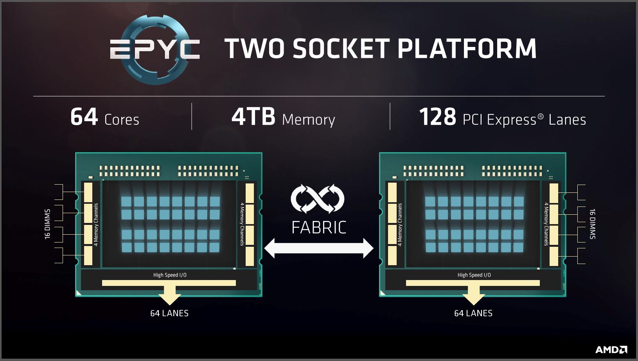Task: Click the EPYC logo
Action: pyautogui.click(x=155, y=49)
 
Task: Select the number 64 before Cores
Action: pyautogui.click(x=84, y=117)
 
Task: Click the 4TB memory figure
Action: pyautogui.click(x=253, y=117)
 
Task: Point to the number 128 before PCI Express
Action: pyautogui.click(x=437, y=117)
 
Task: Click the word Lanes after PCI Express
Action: pyautogui.click(x=567, y=120)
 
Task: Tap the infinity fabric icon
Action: pyautogui.click(x=318, y=199)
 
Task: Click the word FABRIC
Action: pyautogui.click(x=319, y=227)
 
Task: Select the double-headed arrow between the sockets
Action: pyautogui.click(x=319, y=248)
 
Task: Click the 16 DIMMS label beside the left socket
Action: pyautogui.click(x=48, y=224)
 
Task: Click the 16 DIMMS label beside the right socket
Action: pyautogui.click(x=592, y=224)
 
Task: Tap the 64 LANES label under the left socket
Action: pyautogui.click(x=169, y=313)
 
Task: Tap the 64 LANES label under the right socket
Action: pyautogui.click(x=473, y=313)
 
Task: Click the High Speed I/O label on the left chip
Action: pyautogui.click(x=170, y=275)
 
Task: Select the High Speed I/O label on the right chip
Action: pyautogui.click(x=474, y=275)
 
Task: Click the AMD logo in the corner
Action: pyautogui.click(x=611, y=350)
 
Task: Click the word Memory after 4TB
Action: pyautogui.click(x=309, y=120)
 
